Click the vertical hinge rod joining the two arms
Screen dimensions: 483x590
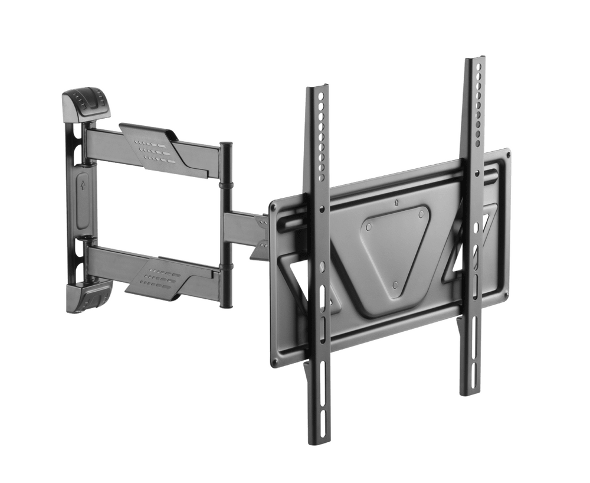[226, 224]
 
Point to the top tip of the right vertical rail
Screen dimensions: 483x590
[475, 60]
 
